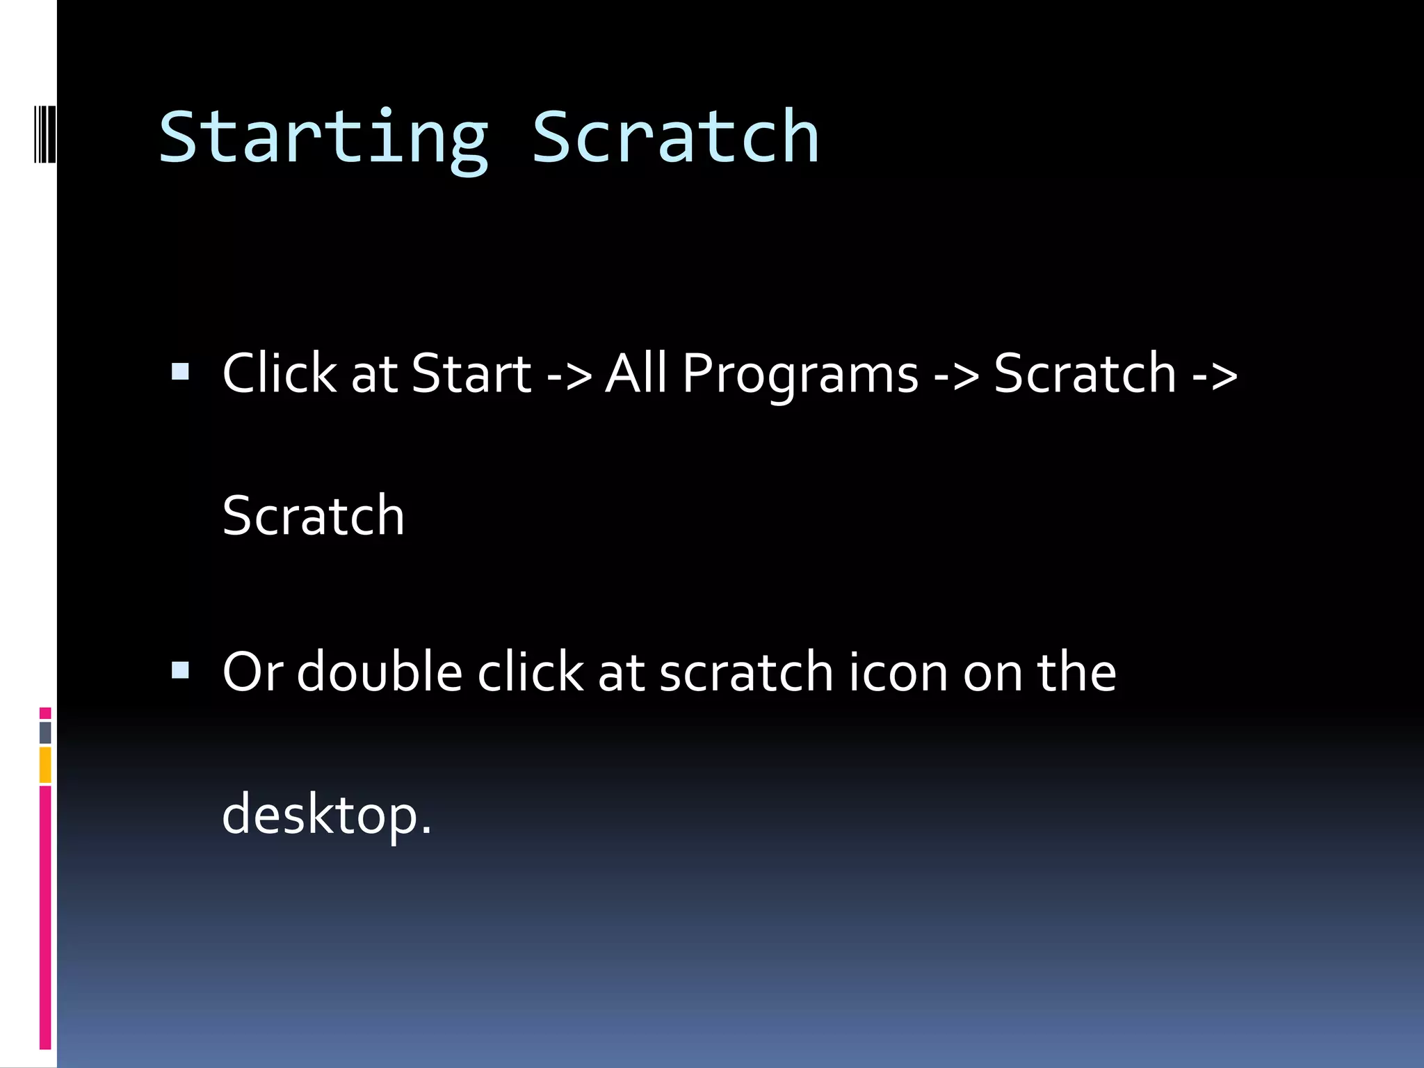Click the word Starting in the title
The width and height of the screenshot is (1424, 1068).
click(x=324, y=139)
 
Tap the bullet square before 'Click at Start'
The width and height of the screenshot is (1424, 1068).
click(x=180, y=372)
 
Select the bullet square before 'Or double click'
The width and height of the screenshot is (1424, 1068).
click(x=180, y=670)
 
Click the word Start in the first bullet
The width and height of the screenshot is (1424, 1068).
click(x=471, y=374)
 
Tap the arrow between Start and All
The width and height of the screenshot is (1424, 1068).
click(x=569, y=376)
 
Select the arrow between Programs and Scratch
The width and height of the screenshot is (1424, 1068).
click(x=956, y=376)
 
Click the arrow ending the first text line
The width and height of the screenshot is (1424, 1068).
click(x=1215, y=376)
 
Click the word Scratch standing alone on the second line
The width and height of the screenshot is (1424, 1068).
click(x=313, y=516)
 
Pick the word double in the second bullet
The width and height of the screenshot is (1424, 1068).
click(x=380, y=672)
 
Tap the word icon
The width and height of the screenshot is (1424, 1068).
click(x=898, y=672)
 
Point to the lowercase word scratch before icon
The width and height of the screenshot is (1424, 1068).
click(x=746, y=672)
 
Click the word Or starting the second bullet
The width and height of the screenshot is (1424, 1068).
click(x=252, y=672)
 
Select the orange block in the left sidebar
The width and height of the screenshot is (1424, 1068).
click(x=45, y=764)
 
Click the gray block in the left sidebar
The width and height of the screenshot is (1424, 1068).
click(x=45, y=732)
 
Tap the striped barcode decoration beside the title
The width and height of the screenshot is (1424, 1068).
click(x=45, y=134)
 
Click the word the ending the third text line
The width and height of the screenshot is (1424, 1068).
click(x=1076, y=672)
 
